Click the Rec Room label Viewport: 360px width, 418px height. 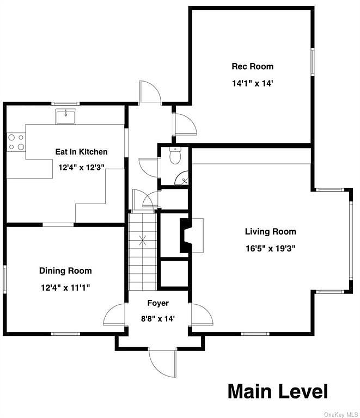click(253, 66)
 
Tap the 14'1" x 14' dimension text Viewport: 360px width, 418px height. click(253, 83)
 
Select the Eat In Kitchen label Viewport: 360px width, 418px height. click(81, 152)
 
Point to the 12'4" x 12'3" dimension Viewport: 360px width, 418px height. click(81, 168)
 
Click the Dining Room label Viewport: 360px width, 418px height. click(65, 271)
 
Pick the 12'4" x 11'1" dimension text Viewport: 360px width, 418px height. click(65, 287)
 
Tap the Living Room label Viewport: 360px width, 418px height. click(270, 231)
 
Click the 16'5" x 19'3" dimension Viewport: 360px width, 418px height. click(270, 248)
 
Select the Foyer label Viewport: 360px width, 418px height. click(158, 303)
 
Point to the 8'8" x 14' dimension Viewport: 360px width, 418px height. click(158, 318)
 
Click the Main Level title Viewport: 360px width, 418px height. click(278, 391)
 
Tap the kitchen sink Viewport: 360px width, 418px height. click(65, 116)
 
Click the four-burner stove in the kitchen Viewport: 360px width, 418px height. click(16, 143)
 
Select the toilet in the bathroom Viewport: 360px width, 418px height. click(175, 156)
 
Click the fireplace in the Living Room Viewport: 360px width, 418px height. click(192, 235)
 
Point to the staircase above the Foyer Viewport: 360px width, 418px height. click(143, 251)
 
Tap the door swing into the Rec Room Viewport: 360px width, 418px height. click(185, 124)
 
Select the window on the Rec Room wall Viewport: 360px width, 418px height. click(313, 62)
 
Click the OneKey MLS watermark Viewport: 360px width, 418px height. click(341, 414)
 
